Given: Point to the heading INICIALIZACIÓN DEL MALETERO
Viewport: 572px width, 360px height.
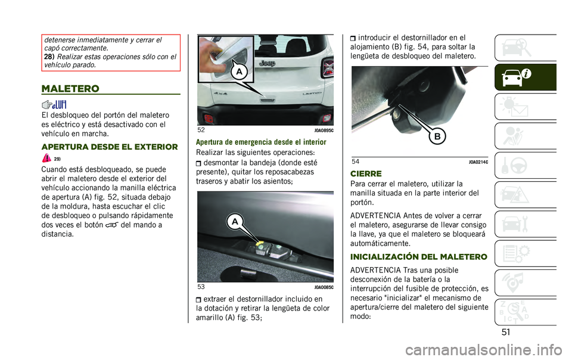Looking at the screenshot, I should point(419,257).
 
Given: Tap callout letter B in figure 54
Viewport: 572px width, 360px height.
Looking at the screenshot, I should point(437,136).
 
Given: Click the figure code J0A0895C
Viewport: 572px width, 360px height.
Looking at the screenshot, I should point(324,130).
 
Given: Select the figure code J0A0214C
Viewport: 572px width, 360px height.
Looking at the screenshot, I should point(478,162).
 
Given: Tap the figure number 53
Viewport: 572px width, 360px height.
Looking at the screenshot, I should point(201,287).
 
